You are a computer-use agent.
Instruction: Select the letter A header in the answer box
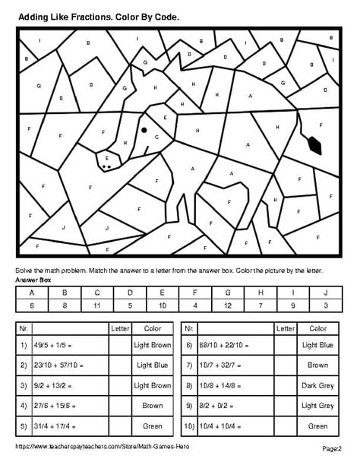31,292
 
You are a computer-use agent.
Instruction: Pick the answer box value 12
227,304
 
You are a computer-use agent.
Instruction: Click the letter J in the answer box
325,292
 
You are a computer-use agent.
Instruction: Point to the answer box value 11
96,304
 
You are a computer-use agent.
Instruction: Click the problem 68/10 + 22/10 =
226,345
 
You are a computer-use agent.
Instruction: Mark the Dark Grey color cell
317,385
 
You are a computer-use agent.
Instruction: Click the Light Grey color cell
317,405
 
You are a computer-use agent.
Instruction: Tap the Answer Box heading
33,280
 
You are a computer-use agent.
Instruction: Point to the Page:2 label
333,448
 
